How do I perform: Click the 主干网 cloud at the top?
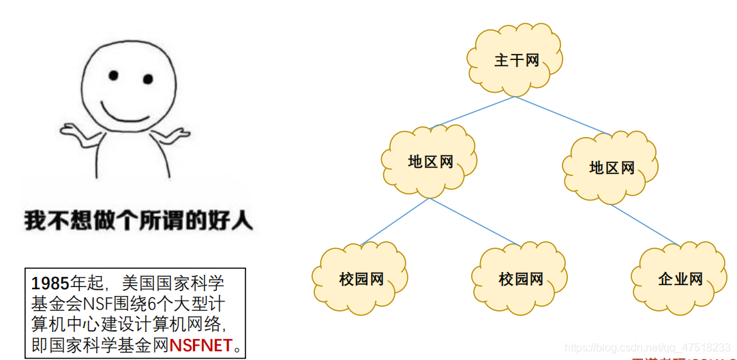coord(516,61)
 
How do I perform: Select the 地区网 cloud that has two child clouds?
coord(430,162)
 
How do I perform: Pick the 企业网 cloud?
coord(680,279)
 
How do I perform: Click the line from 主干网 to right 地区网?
coord(562,115)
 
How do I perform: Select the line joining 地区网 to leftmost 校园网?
coord(394,221)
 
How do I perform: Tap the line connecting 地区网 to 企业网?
coord(644,224)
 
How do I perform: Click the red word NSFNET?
coord(200,345)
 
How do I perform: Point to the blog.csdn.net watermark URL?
coord(648,348)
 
